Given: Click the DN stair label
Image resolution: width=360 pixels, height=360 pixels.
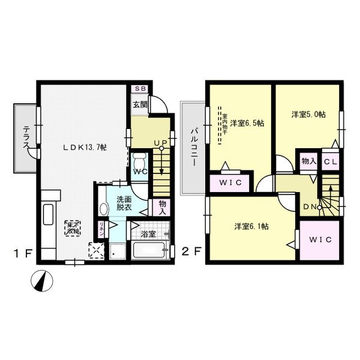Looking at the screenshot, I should click(310, 208).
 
